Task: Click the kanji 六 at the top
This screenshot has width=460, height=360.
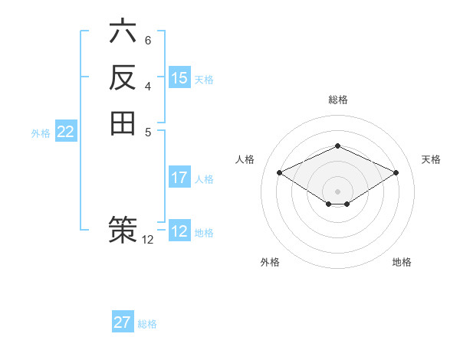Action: pyautogui.click(x=123, y=32)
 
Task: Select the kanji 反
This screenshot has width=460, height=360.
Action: pyautogui.click(x=123, y=77)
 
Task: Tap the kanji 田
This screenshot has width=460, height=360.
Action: pyautogui.click(x=123, y=123)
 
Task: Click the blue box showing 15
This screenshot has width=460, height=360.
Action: pyautogui.click(x=179, y=78)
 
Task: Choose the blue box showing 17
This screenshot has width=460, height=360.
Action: pyautogui.click(x=179, y=178)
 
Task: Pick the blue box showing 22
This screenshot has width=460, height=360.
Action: pyautogui.click(x=66, y=132)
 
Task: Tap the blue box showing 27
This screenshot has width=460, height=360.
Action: pyautogui.click(x=123, y=322)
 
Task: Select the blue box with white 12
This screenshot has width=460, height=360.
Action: pyautogui.click(x=179, y=231)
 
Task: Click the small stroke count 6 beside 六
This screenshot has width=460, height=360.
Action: pyautogui.click(x=148, y=40)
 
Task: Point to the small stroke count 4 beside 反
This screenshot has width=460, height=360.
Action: pyautogui.click(x=148, y=85)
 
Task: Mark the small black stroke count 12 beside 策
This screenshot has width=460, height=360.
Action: pyautogui.click(x=148, y=240)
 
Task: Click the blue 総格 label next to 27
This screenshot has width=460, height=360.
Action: pyautogui.click(x=147, y=324)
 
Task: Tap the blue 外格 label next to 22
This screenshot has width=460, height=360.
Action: pyautogui.click(x=41, y=133)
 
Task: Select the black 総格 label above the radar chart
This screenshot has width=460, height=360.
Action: pyautogui.click(x=337, y=100)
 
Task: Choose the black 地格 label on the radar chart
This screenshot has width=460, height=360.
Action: pyautogui.click(x=402, y=262)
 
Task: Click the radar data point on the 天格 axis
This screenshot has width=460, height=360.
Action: pyautogui.click(x=396, y=172)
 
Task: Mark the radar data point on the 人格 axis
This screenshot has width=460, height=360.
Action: pyautogui.click(x=280, y=172)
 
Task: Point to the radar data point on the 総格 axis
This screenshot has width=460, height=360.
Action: pyautogui.click(x=338, y=146)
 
